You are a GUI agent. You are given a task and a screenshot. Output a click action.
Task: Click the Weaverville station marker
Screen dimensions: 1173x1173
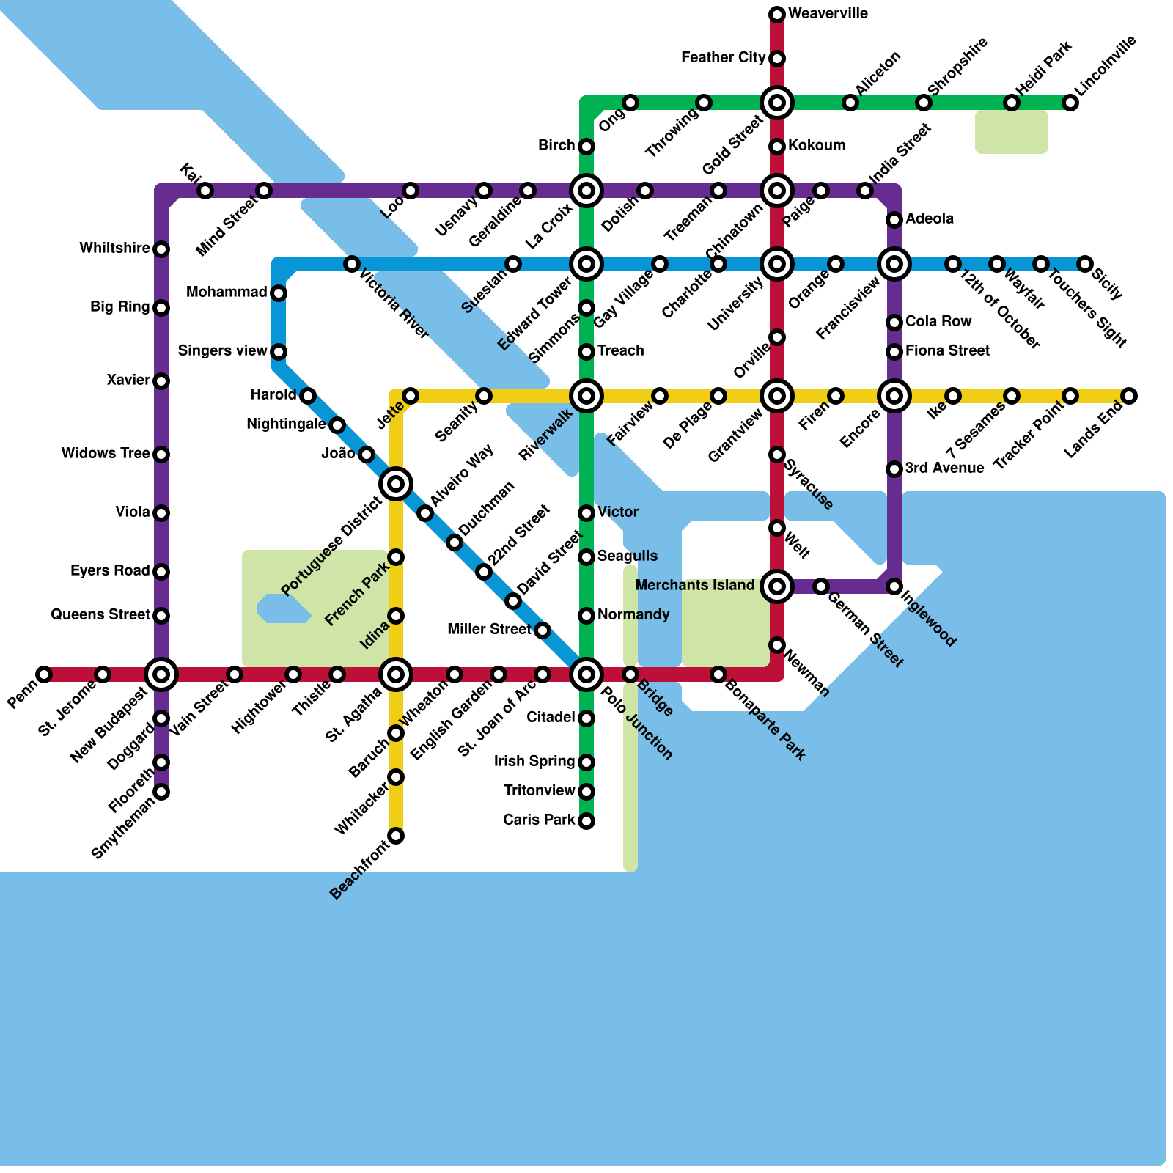click(777, 15)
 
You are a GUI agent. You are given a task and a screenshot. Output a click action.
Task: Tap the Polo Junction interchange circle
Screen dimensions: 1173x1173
click(586, 674)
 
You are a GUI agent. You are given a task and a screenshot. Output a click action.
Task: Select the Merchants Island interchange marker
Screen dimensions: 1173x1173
click(777, 586)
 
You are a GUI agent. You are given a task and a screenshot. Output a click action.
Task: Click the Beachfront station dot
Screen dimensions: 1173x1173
click(396, 836)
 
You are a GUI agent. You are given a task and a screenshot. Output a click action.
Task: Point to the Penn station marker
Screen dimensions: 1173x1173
click(44, 674)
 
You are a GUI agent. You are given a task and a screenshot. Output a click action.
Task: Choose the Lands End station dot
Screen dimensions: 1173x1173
click(1129, 396)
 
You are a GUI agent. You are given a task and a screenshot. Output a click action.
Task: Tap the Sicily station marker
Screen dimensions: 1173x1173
click(1085, 264)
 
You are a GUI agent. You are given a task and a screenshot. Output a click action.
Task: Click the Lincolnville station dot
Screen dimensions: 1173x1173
click(1070, 103)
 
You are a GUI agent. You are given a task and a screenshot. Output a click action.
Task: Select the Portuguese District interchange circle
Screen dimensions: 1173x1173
click(396, 484)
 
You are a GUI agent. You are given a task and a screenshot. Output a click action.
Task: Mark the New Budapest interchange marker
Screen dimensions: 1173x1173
click(161, 674)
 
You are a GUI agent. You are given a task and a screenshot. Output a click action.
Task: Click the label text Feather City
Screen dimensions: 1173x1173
click(723, 58)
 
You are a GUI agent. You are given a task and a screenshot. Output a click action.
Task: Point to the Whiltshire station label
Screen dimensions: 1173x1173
click(114, 249)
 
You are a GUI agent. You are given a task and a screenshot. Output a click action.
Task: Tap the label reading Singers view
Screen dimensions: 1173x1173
click(222, 351)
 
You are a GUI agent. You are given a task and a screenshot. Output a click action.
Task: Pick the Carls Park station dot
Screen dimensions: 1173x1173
click(586, 821)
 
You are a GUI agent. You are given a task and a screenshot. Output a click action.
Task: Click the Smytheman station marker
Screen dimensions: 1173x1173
click(161, 792)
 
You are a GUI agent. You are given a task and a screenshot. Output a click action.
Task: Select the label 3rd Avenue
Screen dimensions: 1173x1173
click(944, 468)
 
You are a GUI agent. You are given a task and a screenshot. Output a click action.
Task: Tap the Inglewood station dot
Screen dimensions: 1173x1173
click(894, 586)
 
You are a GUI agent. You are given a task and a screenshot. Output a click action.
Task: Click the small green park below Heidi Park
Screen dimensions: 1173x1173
click(1012, 132)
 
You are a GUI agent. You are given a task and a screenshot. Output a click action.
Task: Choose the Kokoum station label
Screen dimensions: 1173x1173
click(817, 146)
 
